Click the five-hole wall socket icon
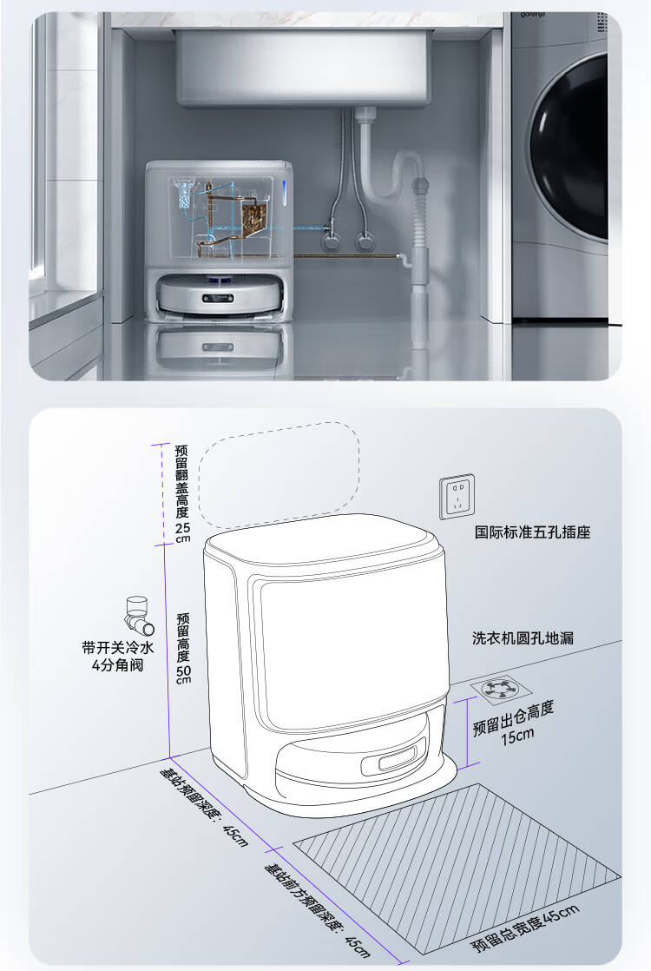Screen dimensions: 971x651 [457, 496]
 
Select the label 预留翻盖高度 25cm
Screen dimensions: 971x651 [182, 492]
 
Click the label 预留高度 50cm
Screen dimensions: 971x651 [182, 647]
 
